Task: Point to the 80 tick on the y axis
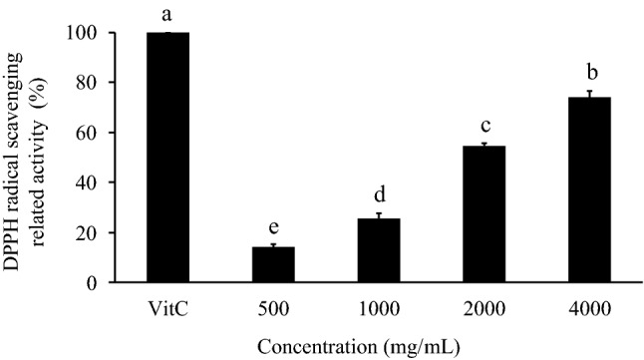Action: click(x=92, y=83)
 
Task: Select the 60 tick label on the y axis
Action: click(x=92, y=133)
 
